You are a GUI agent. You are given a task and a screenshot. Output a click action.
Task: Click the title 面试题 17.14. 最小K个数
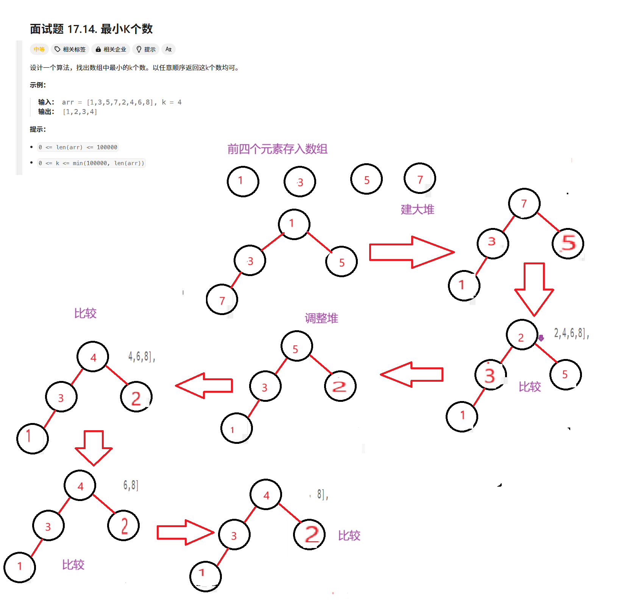click(x=91, y=29)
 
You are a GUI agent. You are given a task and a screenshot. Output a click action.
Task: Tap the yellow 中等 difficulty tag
click(x=39, y=49)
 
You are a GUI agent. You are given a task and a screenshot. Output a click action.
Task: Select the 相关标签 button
click(x=70, y=49)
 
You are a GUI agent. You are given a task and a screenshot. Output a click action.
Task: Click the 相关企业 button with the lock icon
click(x=111, y=49)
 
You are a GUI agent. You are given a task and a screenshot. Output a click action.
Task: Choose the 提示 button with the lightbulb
click(x=146, y=49)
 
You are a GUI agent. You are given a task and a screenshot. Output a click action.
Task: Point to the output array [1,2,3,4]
click(x=80, y=112)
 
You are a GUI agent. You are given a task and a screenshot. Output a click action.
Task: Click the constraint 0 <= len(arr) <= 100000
click(x=78, y=147)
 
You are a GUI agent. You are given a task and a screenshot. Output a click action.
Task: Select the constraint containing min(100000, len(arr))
click(x=91, y=163)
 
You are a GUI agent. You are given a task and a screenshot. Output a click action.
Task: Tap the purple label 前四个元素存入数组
click(x=277, y=149)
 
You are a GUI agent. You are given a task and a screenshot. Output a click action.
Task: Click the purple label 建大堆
click(x=417, y=209)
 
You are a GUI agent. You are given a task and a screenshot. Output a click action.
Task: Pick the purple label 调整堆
click(x=321, y=318)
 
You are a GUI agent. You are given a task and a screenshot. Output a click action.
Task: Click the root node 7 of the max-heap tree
click(x=524, y=204)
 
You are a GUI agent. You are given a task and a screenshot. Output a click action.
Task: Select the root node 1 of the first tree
click(x=294, y=224)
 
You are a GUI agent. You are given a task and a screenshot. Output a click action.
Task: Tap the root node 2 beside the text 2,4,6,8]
click(x=522, y=335)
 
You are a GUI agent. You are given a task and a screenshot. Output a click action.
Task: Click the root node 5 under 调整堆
click(x=296, y=346)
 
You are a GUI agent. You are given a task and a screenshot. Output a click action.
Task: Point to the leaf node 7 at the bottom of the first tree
click(x=222, y=299)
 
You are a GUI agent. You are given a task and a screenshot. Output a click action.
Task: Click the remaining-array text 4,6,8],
click(x=142, y=356)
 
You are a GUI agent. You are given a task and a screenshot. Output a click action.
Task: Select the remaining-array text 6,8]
click(x=131, y=485)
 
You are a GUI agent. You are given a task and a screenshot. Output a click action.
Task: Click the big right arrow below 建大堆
click(x=411, y=252)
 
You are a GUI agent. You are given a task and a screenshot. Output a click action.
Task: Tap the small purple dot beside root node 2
click(x=541, y=338)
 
